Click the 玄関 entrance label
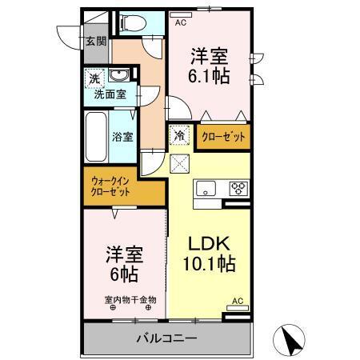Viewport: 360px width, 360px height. (95, 41)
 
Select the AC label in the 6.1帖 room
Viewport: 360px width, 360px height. (182, 23)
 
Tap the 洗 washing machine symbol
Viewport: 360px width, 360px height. (95, 79)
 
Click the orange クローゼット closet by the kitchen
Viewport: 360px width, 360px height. (222, 136)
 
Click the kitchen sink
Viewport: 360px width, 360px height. (205, 190)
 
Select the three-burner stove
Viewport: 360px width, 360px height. (238, 190)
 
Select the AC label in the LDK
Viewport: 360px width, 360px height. (237, 301)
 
